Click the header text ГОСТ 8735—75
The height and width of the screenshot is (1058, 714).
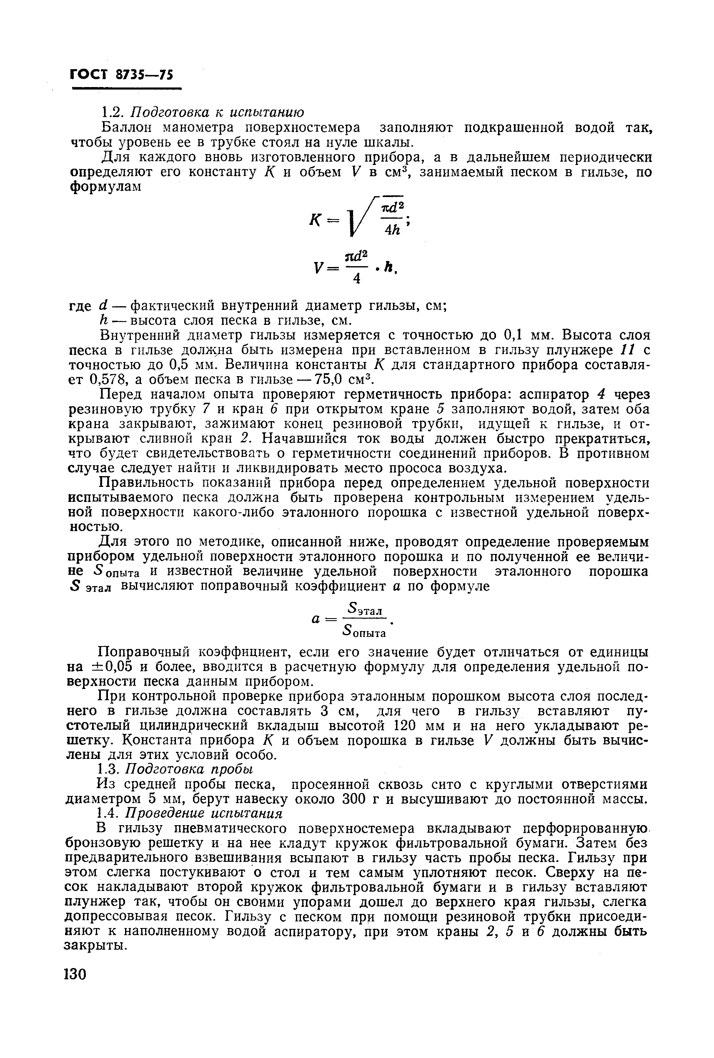coord(122,74)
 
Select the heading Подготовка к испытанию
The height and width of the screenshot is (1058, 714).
coord(217,112)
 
